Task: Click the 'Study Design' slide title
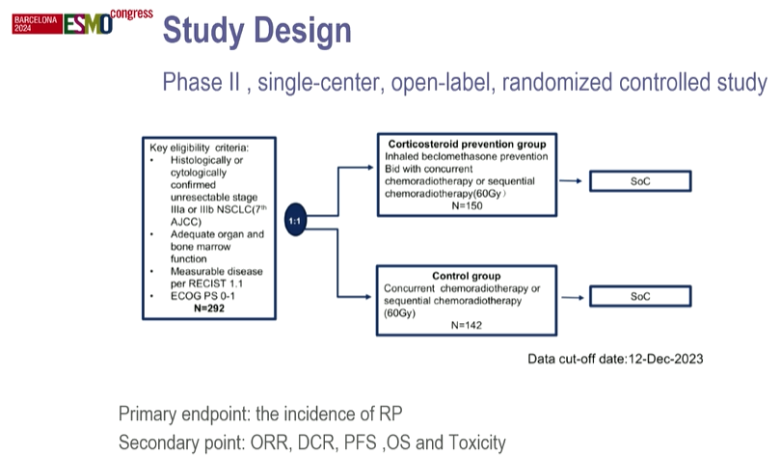click(256, 33)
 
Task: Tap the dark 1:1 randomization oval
click(298, 221)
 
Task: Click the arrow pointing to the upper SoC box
click(570, 180)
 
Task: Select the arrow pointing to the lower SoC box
click(570, 296)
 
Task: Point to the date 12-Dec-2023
click(655, 359)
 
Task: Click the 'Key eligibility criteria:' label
click(199, 147)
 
